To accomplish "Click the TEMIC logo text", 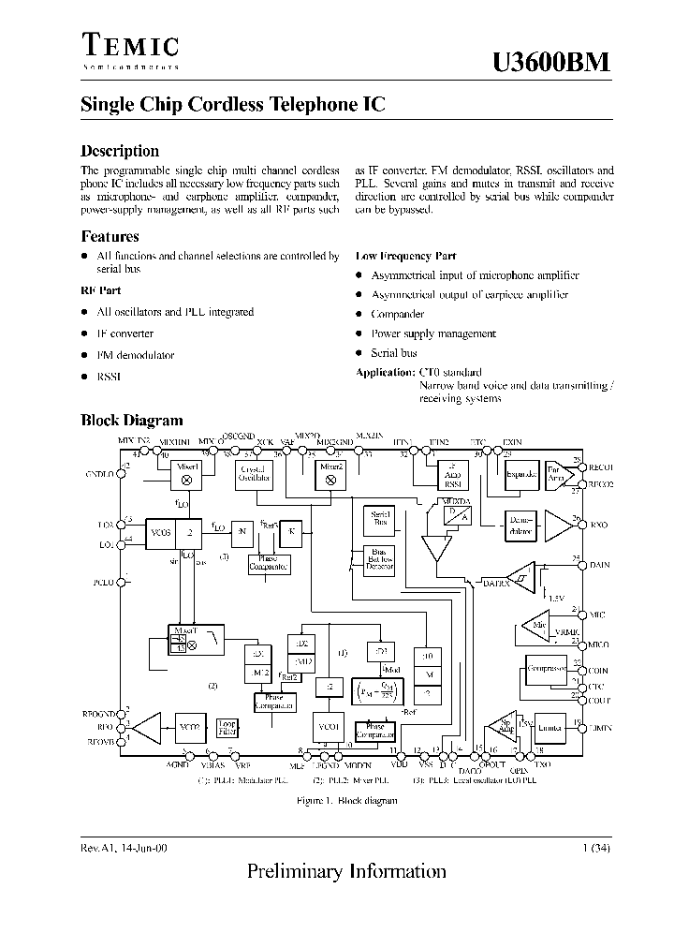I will (x=129, y=46).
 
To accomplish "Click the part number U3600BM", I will (x=551, y=62).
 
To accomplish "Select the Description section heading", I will (x=120, y=151).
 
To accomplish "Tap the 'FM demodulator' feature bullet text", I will (x=136, y=355).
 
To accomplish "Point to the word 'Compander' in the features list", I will (x=398, y=315).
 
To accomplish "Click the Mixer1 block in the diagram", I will (x=185, y=473).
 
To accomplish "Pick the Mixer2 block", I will (x=330, y=473).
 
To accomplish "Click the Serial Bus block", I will (x=381, y=518).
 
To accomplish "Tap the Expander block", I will (x=521, y=475).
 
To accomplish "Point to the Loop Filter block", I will (x=227, y=728).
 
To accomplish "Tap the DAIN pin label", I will (x=600, y=565).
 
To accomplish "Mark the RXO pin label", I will (x=599, y=526).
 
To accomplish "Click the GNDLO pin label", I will (x=99, y=474).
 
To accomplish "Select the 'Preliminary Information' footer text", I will (x=346, y=871).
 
